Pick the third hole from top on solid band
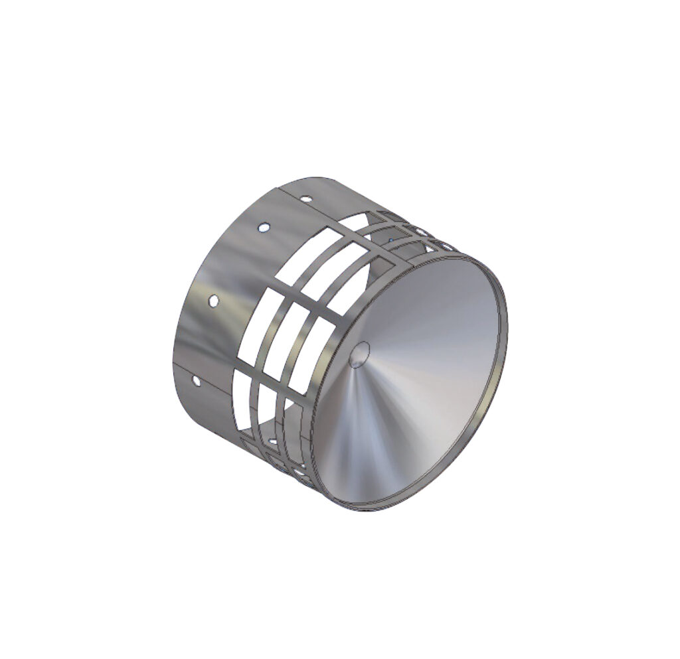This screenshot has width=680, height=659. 214,300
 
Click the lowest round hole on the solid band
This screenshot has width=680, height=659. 197,380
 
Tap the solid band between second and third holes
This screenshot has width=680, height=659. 232,265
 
